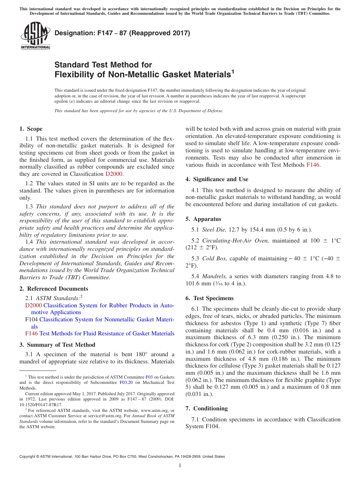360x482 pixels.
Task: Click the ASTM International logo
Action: tap(35, 36)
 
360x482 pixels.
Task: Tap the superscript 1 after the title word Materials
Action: tap(233, 71)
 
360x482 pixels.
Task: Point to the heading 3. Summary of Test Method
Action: tap(57, 345)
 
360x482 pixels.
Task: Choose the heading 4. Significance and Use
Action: tap(217, 179)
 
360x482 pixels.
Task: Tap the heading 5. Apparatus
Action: tap(203, 219)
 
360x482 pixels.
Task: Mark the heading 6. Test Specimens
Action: tap(210, 298)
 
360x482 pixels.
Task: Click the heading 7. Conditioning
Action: tap(207, 408)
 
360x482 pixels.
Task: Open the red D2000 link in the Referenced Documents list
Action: tap(33, 305)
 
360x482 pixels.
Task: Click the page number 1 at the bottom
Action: tap(180, 465)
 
